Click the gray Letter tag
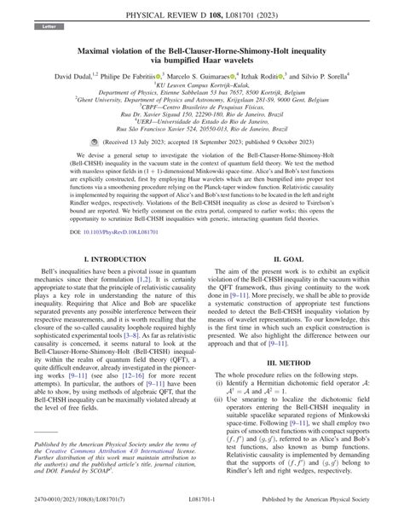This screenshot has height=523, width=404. click(x=43, y=27)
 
